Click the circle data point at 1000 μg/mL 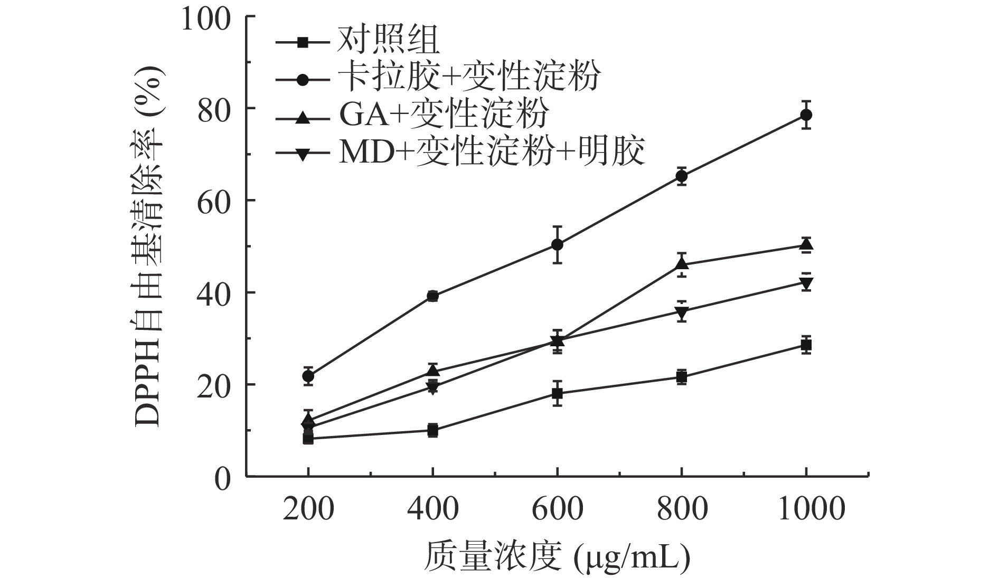tap(806, 115)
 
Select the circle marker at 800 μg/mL tap(681, 176)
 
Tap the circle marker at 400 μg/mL tap(432, 296)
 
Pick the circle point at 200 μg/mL tap(308, 376)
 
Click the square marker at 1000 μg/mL tap(806, 345)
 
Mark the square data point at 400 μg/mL tap(432, 430)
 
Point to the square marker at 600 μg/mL tap(557, 393)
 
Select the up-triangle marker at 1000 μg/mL tap(806, 244)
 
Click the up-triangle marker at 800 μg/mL tap(681, 263)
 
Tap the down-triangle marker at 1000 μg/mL tap(806, 283)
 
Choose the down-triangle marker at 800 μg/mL tap(681, 312)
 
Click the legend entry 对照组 tap(388, 41)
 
